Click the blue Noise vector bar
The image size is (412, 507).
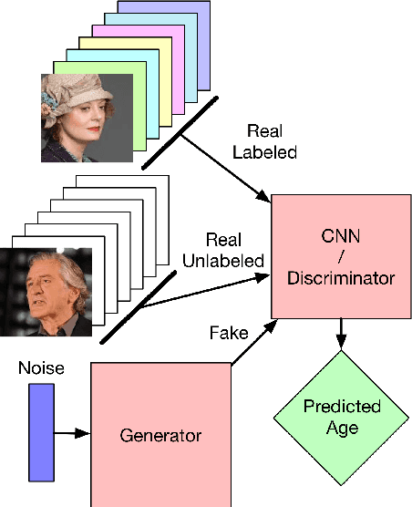coord(41,431)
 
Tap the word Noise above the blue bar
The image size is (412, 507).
coord(40,369)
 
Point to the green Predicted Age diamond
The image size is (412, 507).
coord(341,417)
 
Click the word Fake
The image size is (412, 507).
coord(227,333)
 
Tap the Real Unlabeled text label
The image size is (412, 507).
coord(223,250)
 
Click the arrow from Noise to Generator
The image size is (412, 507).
coord(72,434)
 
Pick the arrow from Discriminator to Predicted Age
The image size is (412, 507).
coord(341,333)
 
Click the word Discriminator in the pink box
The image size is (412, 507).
coord(340,275)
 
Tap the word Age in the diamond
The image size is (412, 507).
coord(341,427)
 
